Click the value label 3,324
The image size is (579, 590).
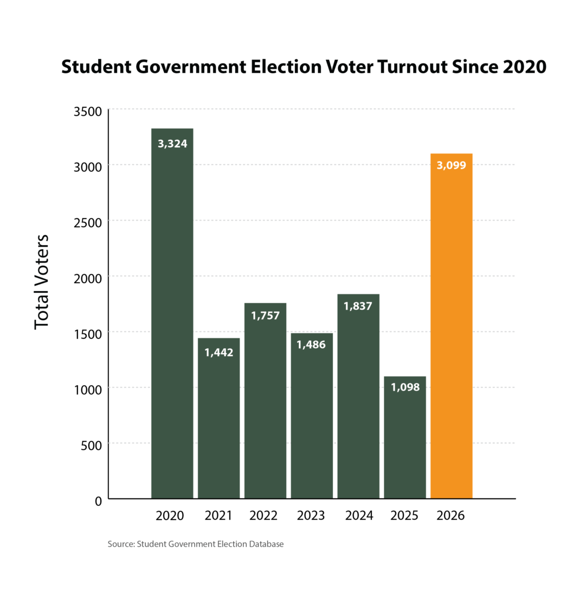click(x=172, y=144)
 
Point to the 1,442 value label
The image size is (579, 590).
click(x=218, y=352)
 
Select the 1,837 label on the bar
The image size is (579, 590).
click(x=358, y=306)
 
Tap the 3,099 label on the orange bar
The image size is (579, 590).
click(x=451, y=165)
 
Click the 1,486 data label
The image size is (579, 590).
click(x=312, y=344)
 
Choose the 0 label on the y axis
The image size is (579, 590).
click(x=99, y=501)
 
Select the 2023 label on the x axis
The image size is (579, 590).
click(x=311, y=515)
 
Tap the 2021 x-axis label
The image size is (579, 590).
click(x=218, y=515)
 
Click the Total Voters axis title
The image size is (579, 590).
click(x=42, y=282)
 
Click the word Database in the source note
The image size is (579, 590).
click(x=266, y=544)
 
